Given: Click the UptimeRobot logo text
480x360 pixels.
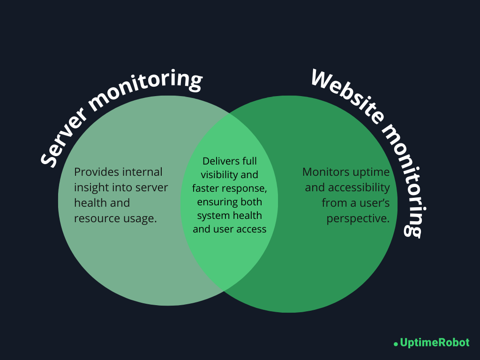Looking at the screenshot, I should tap(435, 343).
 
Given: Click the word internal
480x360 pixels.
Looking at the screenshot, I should tap(142, 172).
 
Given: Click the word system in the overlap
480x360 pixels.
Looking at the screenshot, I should tap(213, 216).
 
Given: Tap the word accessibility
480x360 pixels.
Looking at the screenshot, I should tap(359, 187).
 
